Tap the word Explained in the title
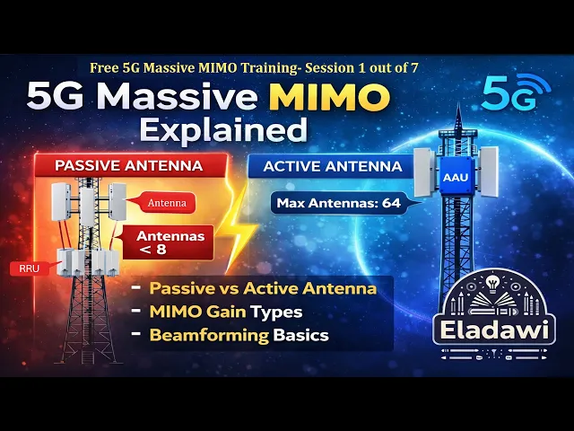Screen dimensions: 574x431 tap(223, 130)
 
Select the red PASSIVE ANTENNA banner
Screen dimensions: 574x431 tap(130, 165)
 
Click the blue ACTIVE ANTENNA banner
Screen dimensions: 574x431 tap(333, 167)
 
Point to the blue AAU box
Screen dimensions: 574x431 tap(456, 177)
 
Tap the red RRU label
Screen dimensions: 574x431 tap(30, 268)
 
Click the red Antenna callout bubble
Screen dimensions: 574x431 tap(167, 203)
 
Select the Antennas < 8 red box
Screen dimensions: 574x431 tap(169, 242)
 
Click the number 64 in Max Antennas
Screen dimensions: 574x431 tap(391, 203)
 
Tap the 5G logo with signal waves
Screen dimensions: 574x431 tap(516, 92)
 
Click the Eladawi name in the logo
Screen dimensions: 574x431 tap(494, 330)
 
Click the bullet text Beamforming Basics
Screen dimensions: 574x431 tap(239, 335)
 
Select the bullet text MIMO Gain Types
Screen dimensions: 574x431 tap(226, 312)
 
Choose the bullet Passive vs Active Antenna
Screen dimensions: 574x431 tap(263, 288)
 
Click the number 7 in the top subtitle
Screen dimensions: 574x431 tap(414, 68)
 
